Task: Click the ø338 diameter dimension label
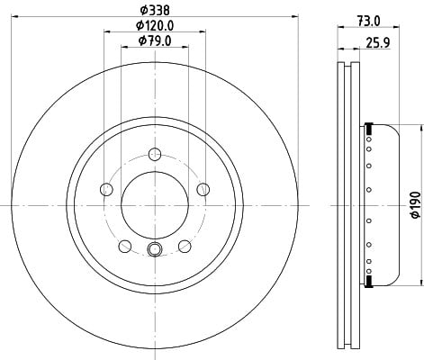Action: [155, 11]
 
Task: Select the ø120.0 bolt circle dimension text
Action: [155, 25]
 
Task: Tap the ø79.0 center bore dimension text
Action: [155, 40]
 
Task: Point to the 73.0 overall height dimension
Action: [369, 21]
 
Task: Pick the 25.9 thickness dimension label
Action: [378, 43]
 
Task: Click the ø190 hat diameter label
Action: [415, 205]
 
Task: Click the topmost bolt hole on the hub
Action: [155, 154]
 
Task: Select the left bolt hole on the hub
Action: [106, 189]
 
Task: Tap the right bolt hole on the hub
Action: [203, 189]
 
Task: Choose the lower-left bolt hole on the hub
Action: [125, 247]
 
